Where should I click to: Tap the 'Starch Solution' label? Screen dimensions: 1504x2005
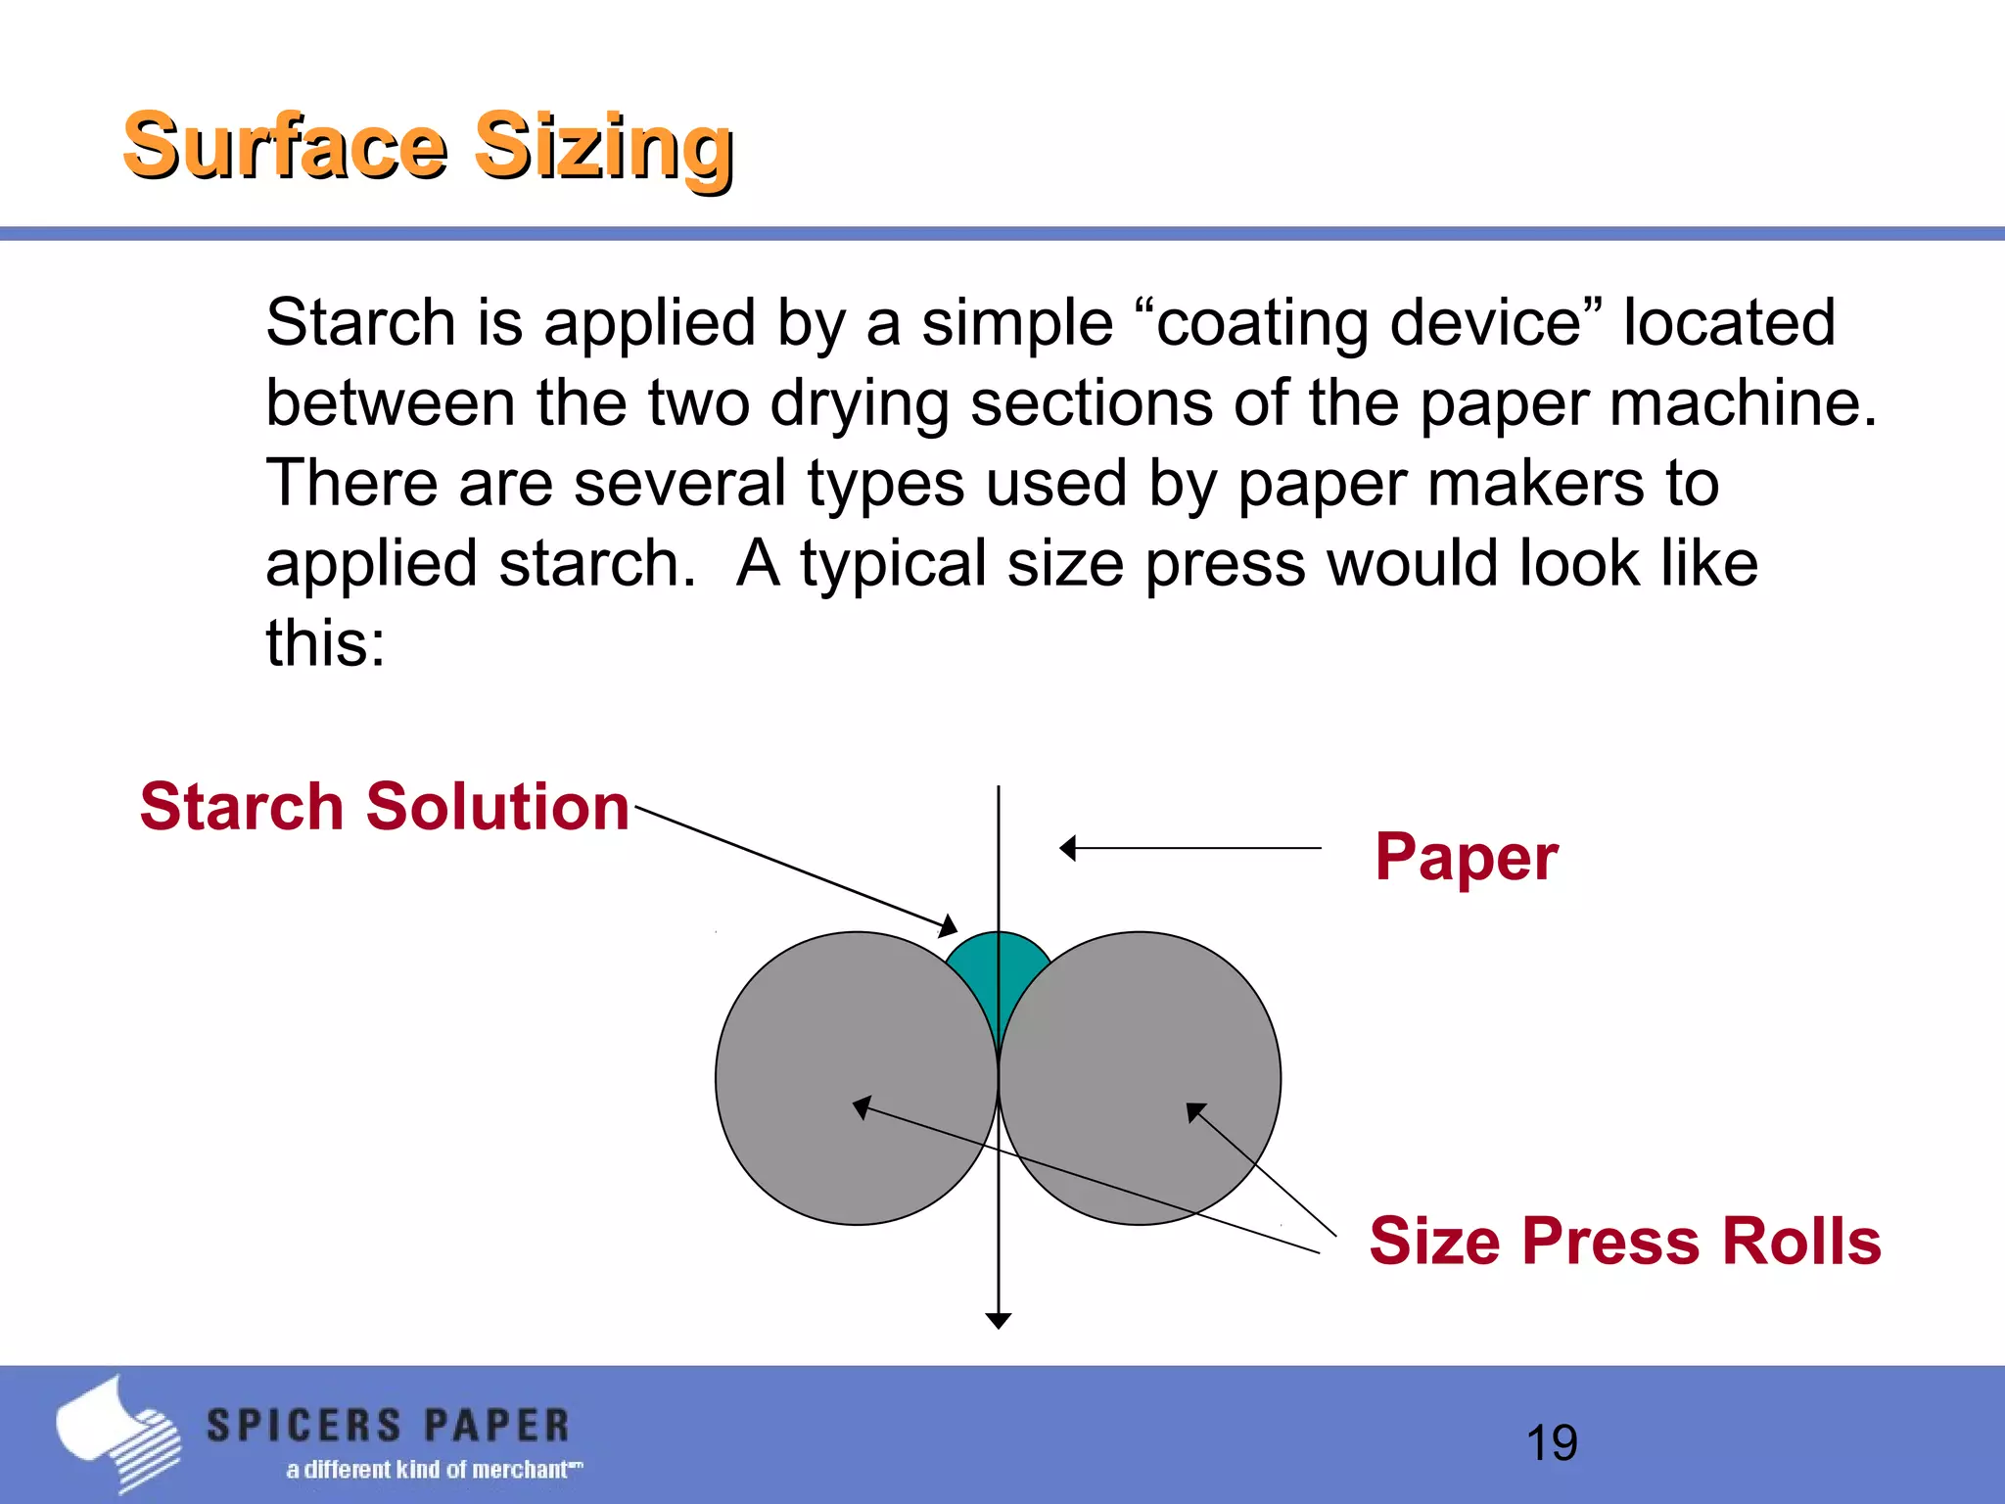click(x=385, y=807)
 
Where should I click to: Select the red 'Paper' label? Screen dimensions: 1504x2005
click(x=1466, y=857)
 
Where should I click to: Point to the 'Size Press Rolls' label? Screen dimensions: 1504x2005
click(x=1624, y=1241)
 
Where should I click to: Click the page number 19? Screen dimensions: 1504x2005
click(x=1552, y=1442)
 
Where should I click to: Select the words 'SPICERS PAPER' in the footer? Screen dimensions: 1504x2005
click(x=388, y=1426)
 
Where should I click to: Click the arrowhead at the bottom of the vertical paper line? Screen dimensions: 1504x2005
click(x=998, y=1320)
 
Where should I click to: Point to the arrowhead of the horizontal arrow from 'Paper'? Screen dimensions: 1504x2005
click(x=1068, y=848)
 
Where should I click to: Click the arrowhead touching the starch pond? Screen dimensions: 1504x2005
click(x=949, y=926)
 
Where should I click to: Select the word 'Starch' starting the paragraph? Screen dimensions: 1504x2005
click(x=361, y=323)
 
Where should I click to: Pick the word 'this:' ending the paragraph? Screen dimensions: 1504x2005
click(x=326, y=644)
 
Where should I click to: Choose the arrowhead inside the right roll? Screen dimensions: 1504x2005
click(x=1195, y=1111)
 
